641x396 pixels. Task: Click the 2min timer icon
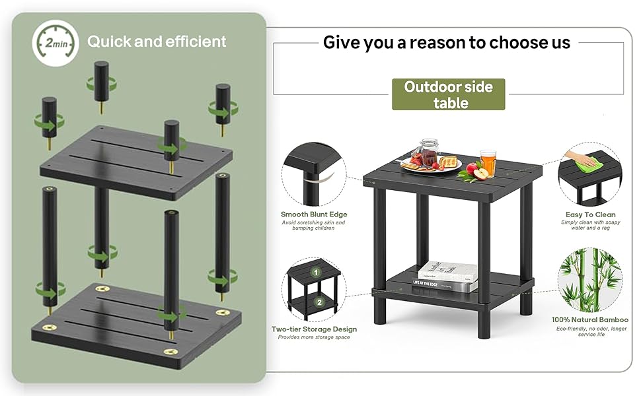(x=56, y=43)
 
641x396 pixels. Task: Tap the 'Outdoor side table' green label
(x=449, y=94)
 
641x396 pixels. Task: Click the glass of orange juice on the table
(x=488, y=162)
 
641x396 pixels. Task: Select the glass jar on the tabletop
(x=429, y=152)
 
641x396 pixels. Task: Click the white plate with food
(x=432, y=165)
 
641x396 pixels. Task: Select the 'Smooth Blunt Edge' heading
(x=314, y=214)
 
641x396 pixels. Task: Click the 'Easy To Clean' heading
(x=590, y=214)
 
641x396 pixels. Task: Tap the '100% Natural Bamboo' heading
(x=590, y=319)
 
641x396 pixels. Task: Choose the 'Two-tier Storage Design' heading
(x=314, y=329)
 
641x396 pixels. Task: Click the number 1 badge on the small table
(x=316, y=272)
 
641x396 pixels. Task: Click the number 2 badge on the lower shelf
(x=319, y=302)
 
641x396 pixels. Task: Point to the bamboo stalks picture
(x=590, y=280)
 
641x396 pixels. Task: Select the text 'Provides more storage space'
(x=314, y=337)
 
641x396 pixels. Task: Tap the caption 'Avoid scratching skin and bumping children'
(x=313, y=225)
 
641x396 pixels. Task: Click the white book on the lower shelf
(x=447, y=271)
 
